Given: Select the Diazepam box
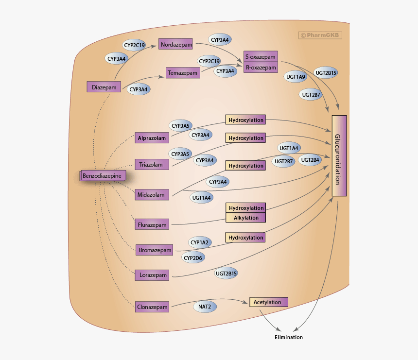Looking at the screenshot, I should pos(104,87).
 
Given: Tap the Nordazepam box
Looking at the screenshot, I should pos(176,44).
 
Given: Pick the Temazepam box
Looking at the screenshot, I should pos(183,73).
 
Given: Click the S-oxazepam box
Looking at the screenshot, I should pos(260,56).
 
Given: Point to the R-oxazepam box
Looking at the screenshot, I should pos(260,68).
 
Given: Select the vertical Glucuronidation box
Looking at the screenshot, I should pos(339,155).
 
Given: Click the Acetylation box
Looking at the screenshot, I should pos(268,302).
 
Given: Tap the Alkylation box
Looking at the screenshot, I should pos(246,218).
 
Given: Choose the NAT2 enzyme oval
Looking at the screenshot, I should pos(205,307).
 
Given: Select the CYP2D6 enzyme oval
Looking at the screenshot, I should pos(192,258).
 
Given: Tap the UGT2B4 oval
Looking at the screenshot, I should pos(310,160).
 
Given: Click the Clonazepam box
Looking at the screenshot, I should pos(152,307).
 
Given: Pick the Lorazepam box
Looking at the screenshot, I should pos(152,275).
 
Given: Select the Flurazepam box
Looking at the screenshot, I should pos(152,225).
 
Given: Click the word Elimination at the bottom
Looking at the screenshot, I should pos(289,337).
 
